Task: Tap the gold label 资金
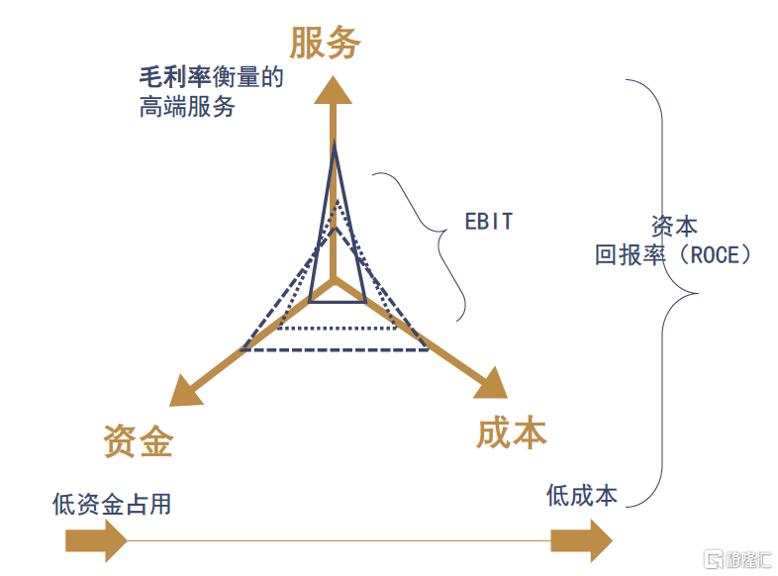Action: click(x=139, y=441)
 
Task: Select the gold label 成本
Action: click(x=511, y=432)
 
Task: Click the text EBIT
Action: click(x=489, y=222)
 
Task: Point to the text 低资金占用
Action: click(x=111, y=504)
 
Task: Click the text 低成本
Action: click(x=582, y=495)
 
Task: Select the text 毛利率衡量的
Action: click(x=211, y=77)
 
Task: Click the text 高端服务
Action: click(x=187, y=106)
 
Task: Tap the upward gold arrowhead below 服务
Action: click(x=334, y=90)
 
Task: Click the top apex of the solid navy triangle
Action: click(x=335, y=145)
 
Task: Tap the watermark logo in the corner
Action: click(x=736, y=559)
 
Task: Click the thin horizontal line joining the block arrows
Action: click(x=337, y=541)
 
